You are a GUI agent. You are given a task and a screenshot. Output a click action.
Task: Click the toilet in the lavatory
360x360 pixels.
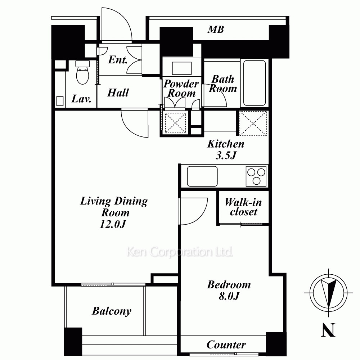click(x=82, y=72)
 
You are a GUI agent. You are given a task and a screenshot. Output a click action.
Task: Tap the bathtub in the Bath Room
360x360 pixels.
click(x=255, y=83)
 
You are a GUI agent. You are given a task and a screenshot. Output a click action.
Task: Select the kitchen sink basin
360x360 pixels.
click(x=202, y=176)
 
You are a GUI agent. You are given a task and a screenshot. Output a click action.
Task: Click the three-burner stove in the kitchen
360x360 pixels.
click(x=256, y=176)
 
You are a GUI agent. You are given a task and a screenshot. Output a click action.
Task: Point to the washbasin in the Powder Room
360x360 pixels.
click(x=181, y=68)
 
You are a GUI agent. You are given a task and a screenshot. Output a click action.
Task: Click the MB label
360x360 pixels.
click(x=216, y=30)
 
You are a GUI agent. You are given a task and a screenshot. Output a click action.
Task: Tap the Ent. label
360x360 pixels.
click(x=118, y=60)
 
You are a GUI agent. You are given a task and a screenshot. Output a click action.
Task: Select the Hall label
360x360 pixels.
click(x=118, y=93)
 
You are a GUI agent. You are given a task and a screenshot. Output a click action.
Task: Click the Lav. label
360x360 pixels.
click(x=81, y=99)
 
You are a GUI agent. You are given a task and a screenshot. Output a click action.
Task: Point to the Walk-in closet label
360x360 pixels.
click(x=243, y=207)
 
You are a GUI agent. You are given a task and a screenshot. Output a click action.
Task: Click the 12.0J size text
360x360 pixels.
click(x=113, y=224)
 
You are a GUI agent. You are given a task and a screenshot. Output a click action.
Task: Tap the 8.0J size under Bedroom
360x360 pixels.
click(x=229, y=296)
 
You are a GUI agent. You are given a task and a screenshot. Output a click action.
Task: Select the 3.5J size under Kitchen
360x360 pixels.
click(x=226, y=156)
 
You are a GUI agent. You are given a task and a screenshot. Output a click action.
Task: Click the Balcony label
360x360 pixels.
click(x=112, y=311)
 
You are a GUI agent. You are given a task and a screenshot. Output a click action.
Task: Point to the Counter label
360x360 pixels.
click(x=226, y=345)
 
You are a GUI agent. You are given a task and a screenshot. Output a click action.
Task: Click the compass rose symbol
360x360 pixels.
click(x=328, y=293)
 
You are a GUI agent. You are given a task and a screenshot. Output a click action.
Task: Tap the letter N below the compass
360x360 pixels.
click(x=328, y=330)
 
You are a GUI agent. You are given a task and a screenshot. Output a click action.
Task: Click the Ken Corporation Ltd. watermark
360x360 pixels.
click(x=180, y=252)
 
